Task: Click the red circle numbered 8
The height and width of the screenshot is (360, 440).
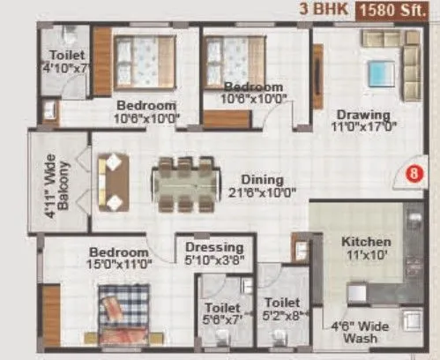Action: tap(412, 174)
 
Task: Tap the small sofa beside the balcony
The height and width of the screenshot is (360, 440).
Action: tap(114, 182)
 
